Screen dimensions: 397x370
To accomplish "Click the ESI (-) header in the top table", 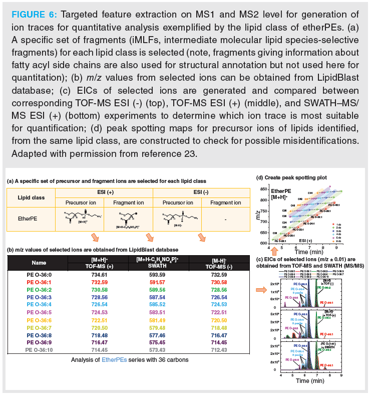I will (200, 191).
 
